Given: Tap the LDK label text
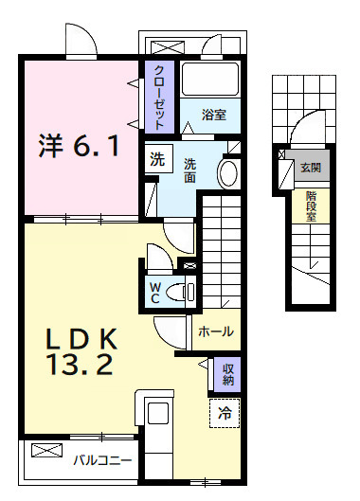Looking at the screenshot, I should tap(81, 339).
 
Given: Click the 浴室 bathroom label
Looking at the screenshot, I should tap(213, 116).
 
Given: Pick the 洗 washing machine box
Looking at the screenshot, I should tap(155, 158).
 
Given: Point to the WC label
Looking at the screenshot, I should tap(153, 292).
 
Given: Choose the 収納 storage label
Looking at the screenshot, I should tap(227, 374).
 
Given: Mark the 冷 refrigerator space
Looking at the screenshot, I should tap(225, 412).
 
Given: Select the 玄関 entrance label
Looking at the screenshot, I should tap(310, 168).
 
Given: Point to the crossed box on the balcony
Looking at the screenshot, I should tap(45, 451).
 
